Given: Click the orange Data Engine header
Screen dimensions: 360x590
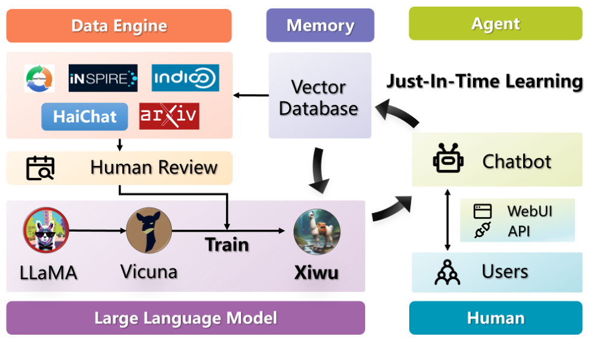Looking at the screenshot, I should coord(119,26).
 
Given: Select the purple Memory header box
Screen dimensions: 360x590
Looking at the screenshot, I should coord(320,25).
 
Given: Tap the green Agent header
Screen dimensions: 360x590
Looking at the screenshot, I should coord(496,24).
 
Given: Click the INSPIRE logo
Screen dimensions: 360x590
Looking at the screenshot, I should coord(103,78).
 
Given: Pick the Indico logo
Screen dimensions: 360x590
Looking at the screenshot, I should coord(185,78).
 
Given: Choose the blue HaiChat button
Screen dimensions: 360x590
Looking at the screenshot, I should coord(85,116).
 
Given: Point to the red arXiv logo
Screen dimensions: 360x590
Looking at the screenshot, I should coord(169,116).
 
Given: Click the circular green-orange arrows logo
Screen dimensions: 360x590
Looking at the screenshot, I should coord(39,78).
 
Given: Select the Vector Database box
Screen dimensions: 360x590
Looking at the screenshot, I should coord(319,97).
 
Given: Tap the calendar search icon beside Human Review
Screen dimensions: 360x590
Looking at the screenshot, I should coord(40,168).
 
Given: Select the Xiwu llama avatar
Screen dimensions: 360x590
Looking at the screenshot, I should coord(317,232).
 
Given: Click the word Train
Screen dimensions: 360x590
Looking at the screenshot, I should coord(227,245).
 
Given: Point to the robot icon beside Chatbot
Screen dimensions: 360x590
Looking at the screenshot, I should coord(447,160).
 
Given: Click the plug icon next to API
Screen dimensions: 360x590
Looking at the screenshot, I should coord(483,230).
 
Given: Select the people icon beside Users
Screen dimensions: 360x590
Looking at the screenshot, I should coord(447,272).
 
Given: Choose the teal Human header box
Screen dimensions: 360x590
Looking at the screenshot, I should coord(495,318).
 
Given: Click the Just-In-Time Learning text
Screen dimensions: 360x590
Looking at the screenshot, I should coord(485,81).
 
